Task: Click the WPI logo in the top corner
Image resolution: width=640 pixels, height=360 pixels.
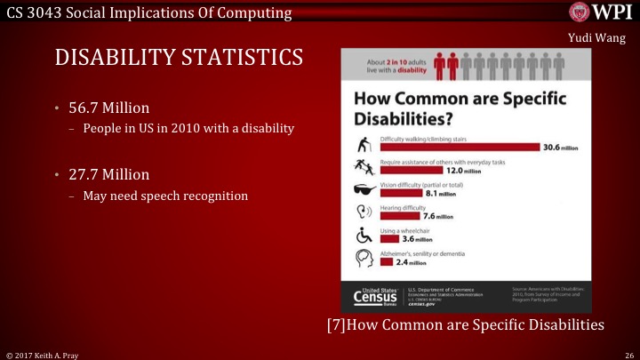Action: point(601,12)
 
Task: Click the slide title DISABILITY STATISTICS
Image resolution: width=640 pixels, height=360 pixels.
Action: point(180,57)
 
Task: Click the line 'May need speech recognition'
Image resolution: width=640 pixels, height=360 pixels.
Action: point(164,195)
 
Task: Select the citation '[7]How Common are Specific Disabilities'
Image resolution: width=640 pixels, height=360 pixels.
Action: point(466,325)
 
